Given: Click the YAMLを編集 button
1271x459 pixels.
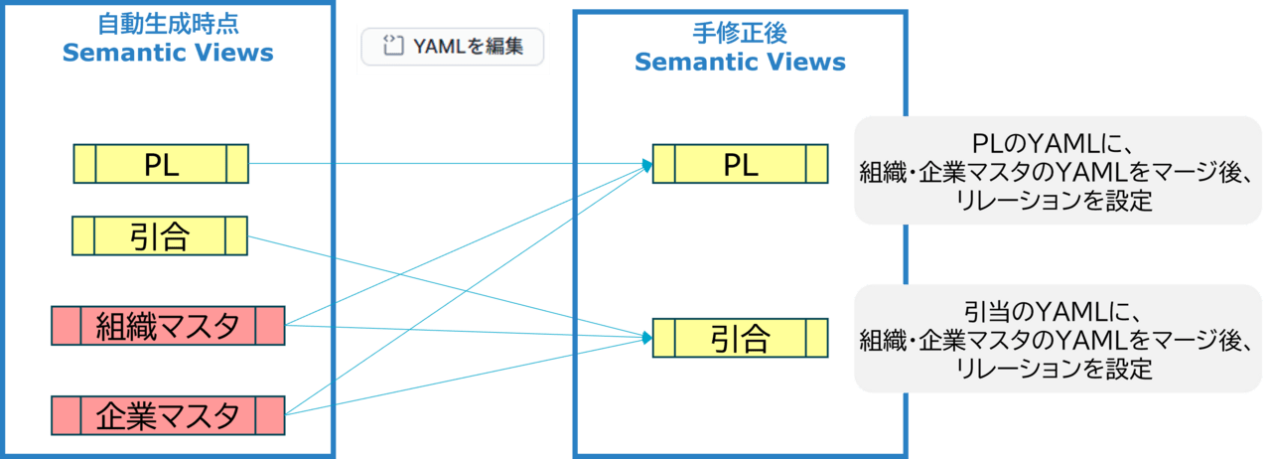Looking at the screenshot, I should point(454,46).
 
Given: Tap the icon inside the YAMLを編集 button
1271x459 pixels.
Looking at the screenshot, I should point(394,46).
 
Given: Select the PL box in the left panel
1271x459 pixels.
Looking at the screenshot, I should point(161,164).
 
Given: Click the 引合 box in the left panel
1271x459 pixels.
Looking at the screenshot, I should point(161,235).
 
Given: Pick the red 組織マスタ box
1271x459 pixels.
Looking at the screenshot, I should point(168,326).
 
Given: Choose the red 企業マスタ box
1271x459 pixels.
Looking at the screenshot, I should point(168,414).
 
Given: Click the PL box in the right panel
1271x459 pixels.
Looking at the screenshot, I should point(740,164).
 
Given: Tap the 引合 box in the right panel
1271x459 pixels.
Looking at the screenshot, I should point(740,339).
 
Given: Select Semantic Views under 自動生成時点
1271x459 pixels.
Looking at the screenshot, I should point(167,54).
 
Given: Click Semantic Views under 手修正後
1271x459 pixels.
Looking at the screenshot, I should point(740,63).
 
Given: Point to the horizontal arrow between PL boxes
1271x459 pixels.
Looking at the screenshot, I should point(447,164).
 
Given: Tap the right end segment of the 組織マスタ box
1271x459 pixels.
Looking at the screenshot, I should point(269,326).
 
